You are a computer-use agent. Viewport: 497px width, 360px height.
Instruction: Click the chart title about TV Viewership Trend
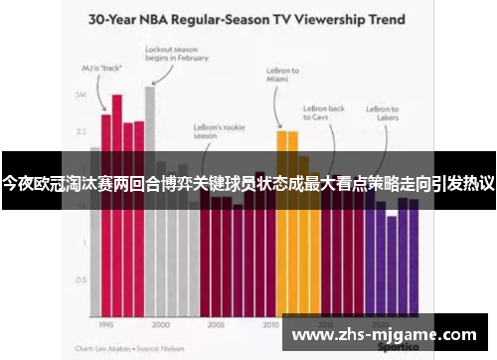point(248,18)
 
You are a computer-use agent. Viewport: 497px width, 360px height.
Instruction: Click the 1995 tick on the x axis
point(105,324)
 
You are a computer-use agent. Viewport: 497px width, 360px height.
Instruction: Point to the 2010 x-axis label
point(270,324)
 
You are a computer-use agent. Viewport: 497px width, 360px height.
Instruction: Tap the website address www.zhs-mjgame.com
point(384,333)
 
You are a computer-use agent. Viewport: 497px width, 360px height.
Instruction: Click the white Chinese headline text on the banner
point(248,182)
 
